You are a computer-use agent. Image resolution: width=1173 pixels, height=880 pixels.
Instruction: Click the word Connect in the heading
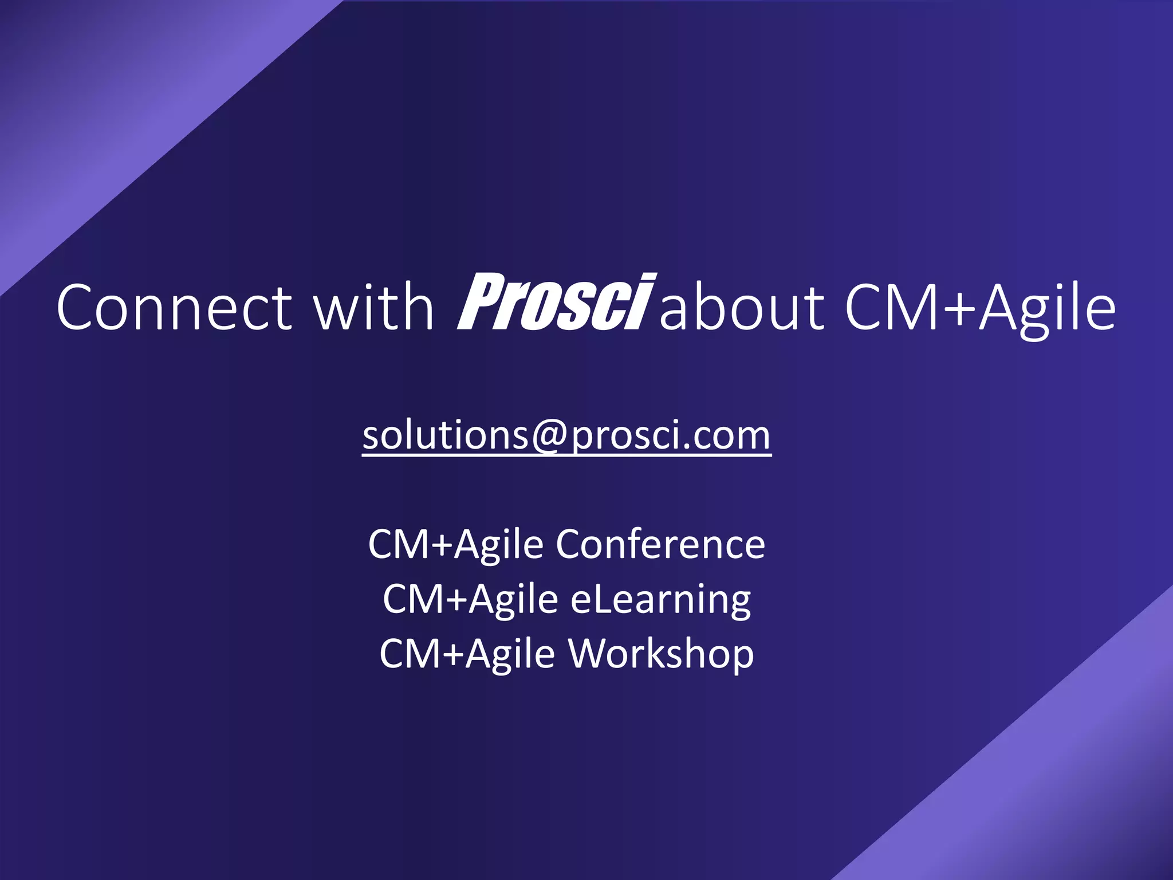[174, 308]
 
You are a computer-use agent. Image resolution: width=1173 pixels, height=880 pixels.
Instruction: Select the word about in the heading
[742, 308]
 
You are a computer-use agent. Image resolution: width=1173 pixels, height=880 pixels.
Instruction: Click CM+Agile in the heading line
[979, 308]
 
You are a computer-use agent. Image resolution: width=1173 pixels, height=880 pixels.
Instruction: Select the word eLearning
[660, 600]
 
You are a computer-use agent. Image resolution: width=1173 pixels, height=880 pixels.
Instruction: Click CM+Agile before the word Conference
[455, 544]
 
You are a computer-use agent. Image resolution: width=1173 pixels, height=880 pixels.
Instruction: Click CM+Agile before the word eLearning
[470, 600]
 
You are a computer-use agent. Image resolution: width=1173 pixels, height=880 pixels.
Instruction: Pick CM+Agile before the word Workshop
[467, 654]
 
